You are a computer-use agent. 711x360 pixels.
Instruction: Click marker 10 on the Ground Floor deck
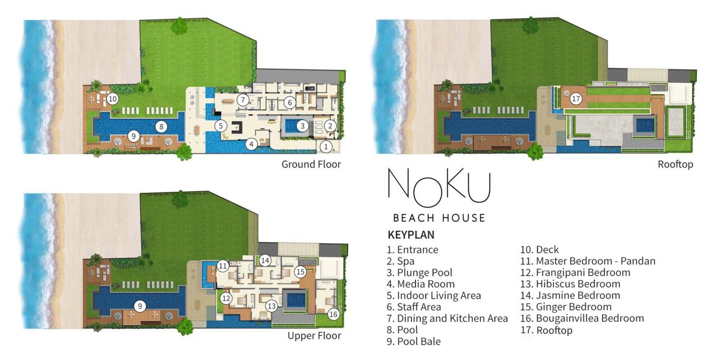click(113, 99)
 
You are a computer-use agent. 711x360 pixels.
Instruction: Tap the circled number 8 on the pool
click(161, 127)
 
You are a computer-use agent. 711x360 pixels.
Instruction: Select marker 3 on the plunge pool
click(303, 126)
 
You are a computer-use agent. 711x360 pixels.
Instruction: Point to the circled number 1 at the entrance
click(326, 146)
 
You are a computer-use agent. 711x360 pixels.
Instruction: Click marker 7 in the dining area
click(243, 100)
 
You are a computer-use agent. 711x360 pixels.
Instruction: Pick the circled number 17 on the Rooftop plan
click(576, 99)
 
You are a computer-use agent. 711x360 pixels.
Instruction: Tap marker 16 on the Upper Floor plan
click(333, 314)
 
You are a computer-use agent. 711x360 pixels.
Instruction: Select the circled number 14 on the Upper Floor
click(265, 261)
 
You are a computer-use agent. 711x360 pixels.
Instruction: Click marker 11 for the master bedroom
click(223, 265)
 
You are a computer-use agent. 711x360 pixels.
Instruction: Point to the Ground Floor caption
click(311, 164)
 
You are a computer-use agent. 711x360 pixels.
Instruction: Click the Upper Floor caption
click(314, 336)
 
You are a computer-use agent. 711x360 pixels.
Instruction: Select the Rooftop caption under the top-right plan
click(675, 164)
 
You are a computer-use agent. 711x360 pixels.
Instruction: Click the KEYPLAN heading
click(411, 234)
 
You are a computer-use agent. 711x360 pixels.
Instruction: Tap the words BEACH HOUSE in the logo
click(439, 218)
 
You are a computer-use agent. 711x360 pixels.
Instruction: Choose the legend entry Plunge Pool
click(419, 273)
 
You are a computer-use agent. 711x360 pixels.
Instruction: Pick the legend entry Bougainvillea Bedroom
click(582, 318)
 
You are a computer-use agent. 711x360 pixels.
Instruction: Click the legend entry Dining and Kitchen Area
click(447, 319)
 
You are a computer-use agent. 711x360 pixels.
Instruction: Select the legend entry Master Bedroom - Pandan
click(588, 261)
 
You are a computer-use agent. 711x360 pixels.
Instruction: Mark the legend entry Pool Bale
click(414, 342)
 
